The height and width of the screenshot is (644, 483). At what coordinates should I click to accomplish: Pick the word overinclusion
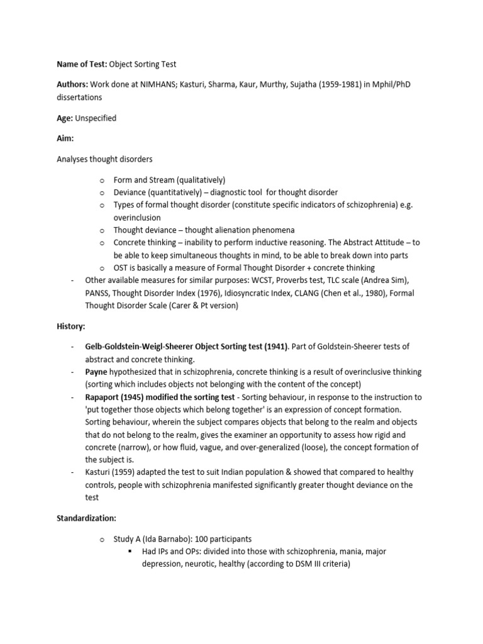pyautogui.click(x=137, y=218)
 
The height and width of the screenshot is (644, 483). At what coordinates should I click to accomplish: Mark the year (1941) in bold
pyautogui.click(x=272, y=347)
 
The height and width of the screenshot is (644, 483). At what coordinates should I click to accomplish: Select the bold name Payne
pyautogui.click(x=97, y=372)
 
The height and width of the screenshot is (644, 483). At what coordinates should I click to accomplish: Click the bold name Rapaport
pyautogui.click(x=105, y=397)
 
